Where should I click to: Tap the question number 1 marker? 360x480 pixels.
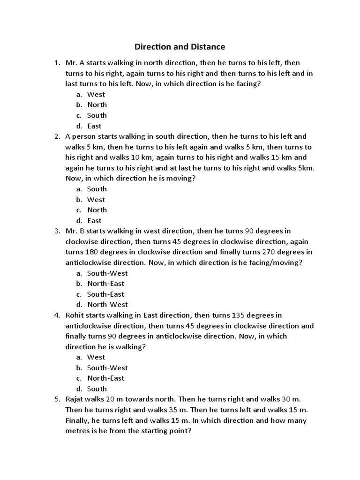[x=57, y=62]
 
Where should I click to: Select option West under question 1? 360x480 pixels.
[x=96, y=94]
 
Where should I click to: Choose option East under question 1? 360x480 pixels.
[x=94, y=126]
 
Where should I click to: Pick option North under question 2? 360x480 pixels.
[x=97, y=210]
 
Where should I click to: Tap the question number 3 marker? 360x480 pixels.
[x=57, y=231]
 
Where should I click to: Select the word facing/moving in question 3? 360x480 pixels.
[x=275, y=262]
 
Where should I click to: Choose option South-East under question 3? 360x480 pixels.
[x=105, y=294]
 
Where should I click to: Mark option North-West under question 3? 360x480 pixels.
[x=105, y=305]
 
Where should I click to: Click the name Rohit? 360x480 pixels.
[x=75, y=315]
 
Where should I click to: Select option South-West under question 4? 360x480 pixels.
[x=107, y=367]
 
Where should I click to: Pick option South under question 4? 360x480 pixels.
[x=97, y=389]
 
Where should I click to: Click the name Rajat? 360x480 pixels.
[x=75, y=399]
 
